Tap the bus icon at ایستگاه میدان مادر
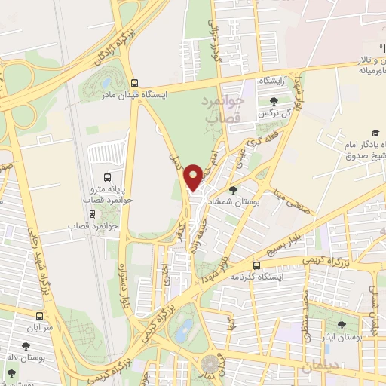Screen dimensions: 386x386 134,84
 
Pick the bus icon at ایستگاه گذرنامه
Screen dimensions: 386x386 257,265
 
